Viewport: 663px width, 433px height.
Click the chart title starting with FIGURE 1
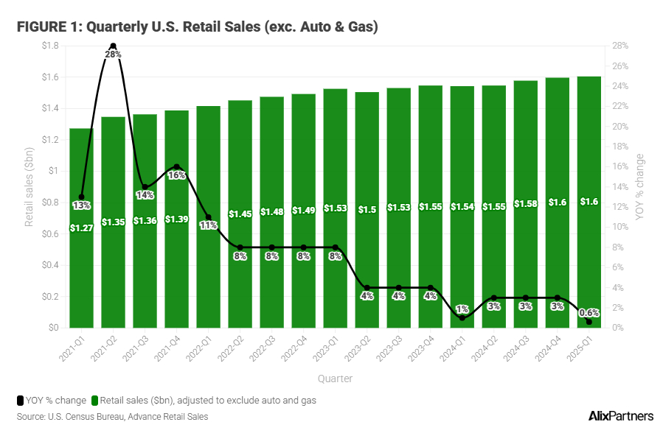198,27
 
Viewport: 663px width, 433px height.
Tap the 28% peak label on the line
113,54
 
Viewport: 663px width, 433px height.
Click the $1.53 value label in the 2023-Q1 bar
335,209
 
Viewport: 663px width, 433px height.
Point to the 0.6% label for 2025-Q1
589,312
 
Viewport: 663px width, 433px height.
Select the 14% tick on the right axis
619,186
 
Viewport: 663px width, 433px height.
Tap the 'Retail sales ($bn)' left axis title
29,186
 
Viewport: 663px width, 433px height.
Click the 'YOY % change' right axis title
639,186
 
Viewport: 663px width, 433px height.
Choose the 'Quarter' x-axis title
335,379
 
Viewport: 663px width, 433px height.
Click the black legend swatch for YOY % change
20,401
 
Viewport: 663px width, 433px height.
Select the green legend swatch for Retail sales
94,401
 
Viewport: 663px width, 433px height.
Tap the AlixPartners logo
618,416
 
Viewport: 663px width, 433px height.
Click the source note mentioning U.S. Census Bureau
112,417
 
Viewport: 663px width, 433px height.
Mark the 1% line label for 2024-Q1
462,309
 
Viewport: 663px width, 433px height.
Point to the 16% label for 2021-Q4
176,175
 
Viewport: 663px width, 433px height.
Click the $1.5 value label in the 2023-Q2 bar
367,210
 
